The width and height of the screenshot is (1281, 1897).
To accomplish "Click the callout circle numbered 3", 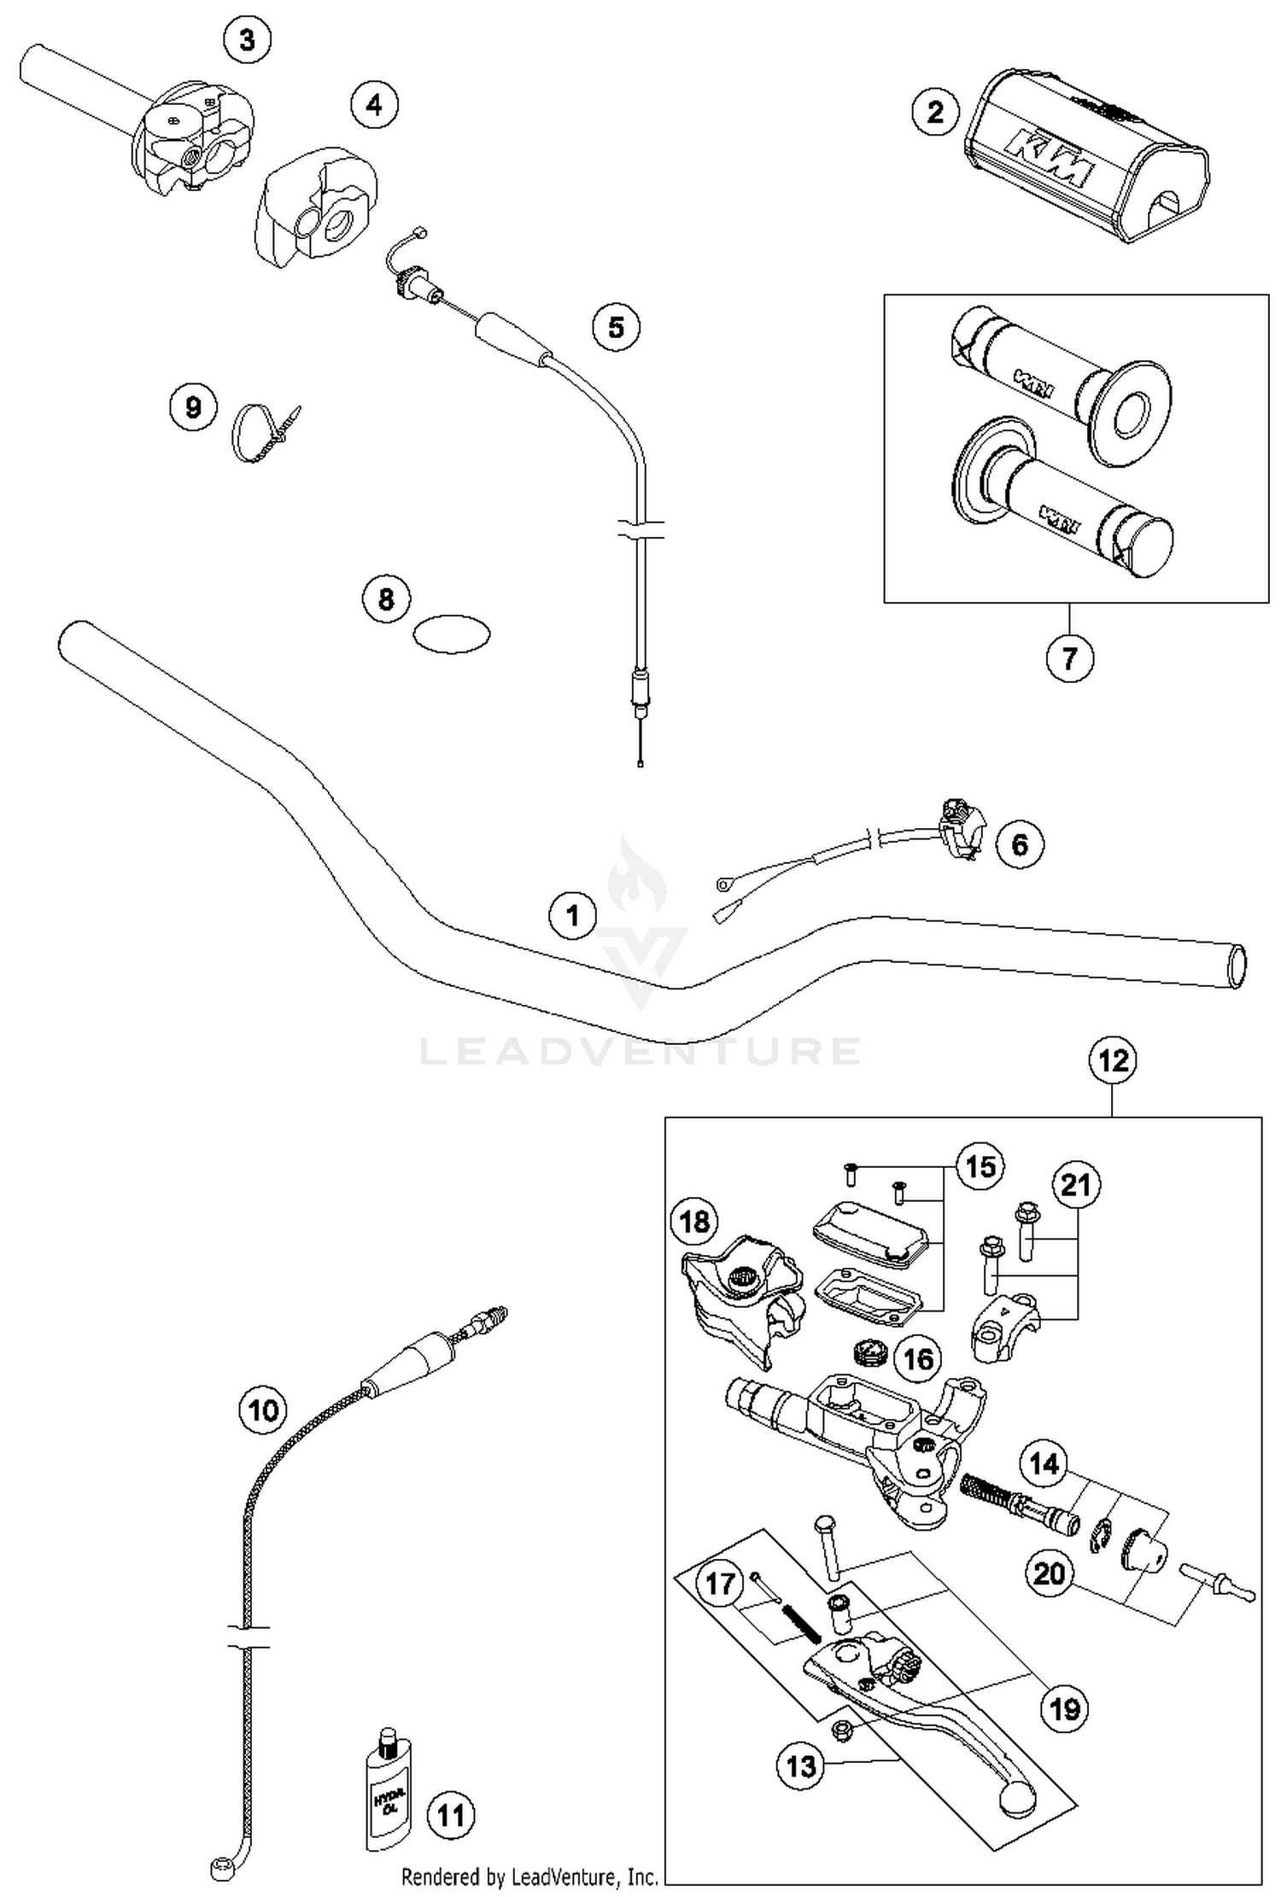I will pyautogui.click(x=247, y=39).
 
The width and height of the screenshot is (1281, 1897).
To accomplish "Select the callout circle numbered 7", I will pyautogui.click(x=1069, y=657).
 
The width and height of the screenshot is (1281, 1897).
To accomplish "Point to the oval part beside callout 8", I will pyautogui.click(x=451, y=634).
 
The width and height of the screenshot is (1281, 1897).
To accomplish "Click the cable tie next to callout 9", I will pyautogui.click(x=260, y=432).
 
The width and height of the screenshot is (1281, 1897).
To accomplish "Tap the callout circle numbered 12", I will pyautogui.click(x=1114, y=1061).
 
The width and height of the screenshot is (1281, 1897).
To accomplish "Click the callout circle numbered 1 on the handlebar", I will pyautogui.click(x=572, y=915).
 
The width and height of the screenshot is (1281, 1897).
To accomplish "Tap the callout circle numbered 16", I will pyautogui.click(x=919, y=1358).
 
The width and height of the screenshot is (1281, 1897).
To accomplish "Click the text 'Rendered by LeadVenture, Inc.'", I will pyautogui.click(x=529, y=1877).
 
